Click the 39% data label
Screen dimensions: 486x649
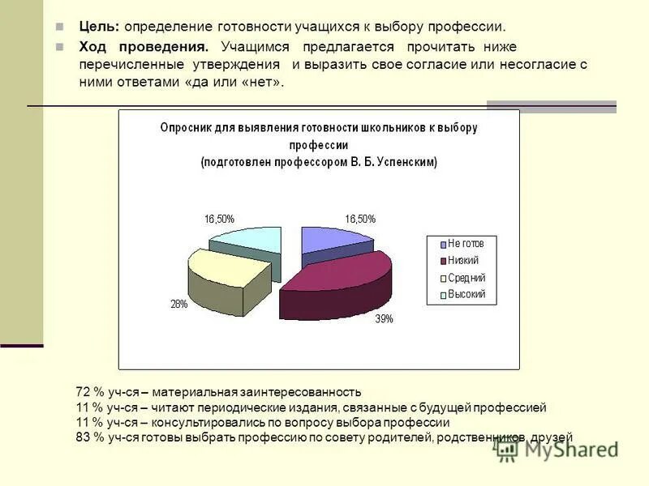[x=384, y=319]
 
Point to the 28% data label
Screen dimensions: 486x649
[x=179, y=305]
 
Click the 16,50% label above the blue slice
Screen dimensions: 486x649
[x=360, y=219]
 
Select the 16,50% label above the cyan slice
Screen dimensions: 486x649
[x=219, y=219]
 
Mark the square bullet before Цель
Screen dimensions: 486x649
[x=60, y=28]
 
